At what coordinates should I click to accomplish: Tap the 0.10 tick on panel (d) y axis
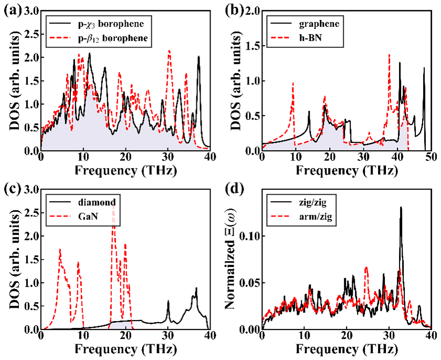coord(249,236)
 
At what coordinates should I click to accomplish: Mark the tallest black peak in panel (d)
coord(401,208)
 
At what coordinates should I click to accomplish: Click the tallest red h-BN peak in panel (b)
coord(389,54)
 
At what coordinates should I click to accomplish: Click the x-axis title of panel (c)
coord(125,349)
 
